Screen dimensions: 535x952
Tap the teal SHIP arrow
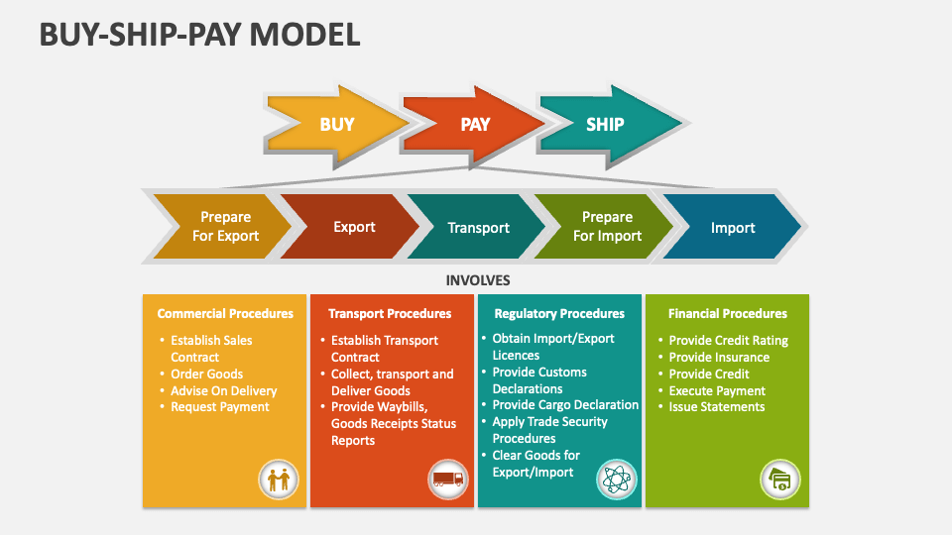click(x=606, y=125)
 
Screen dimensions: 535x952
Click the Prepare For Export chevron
click(x=225, y=227)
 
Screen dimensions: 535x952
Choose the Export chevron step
click(x=354, y=227)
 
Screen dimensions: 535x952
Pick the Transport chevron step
click(x=478, y=227)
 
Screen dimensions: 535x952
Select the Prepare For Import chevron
click(x=607, y=227)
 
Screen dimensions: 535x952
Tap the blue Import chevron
click(x=733, y=227)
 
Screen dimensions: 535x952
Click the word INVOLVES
click(x=477, y=280)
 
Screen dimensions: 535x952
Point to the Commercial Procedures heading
click(x=225, y=313)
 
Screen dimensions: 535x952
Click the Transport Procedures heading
click(x=390, y=313)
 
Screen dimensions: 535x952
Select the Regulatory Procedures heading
click(x=559, y=313)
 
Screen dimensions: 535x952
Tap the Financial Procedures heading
click(x=728, y=313)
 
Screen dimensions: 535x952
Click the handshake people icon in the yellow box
click(x=278, y=481)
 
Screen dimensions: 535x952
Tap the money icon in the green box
click(x=780, y=481)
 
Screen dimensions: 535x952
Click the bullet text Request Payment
click(x=219, y=407)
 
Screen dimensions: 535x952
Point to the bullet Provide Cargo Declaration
click(x=565, y=405)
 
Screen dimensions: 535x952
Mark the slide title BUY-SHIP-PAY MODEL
click(x=199, y=35)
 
